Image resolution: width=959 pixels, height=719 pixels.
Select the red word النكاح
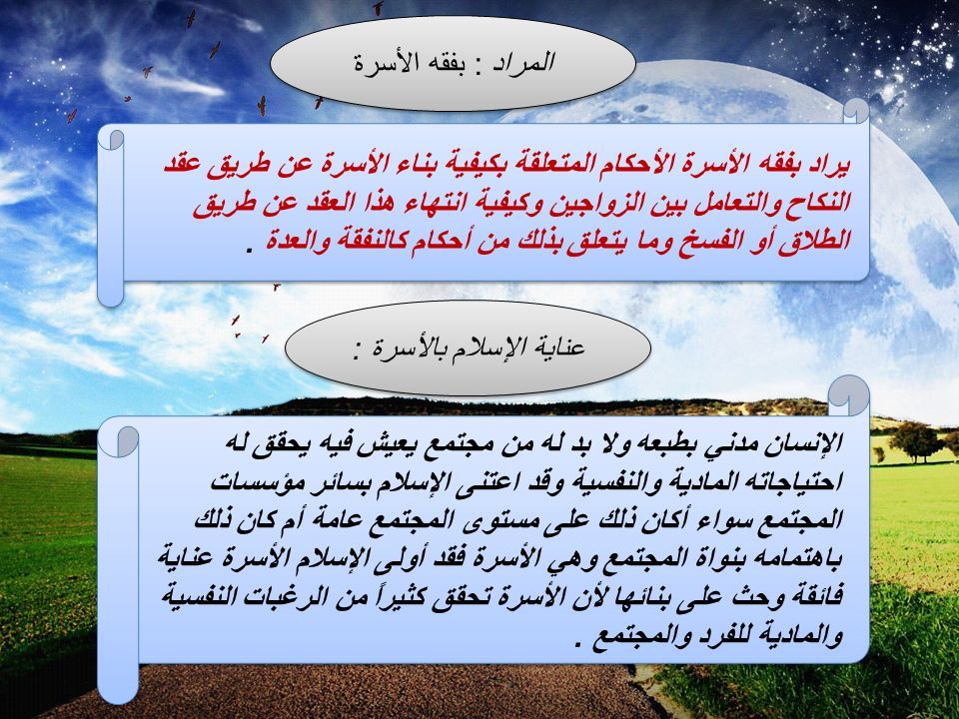[819, 203]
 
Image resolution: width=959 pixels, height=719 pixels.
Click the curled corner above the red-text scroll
[856, 111]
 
